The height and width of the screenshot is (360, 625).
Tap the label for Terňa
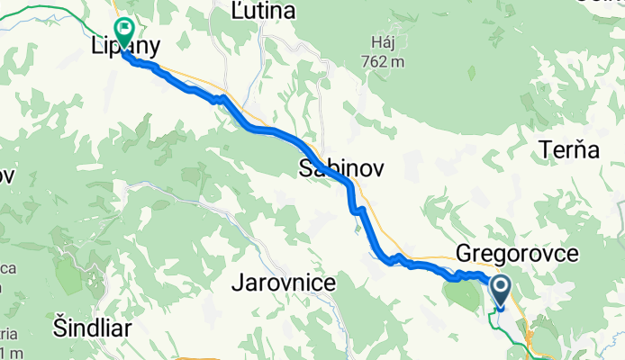(569, 150)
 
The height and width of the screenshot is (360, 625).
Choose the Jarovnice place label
(284, 283)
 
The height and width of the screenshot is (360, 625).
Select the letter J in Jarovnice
(236, 283)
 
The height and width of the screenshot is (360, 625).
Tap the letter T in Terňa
(546, 150)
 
